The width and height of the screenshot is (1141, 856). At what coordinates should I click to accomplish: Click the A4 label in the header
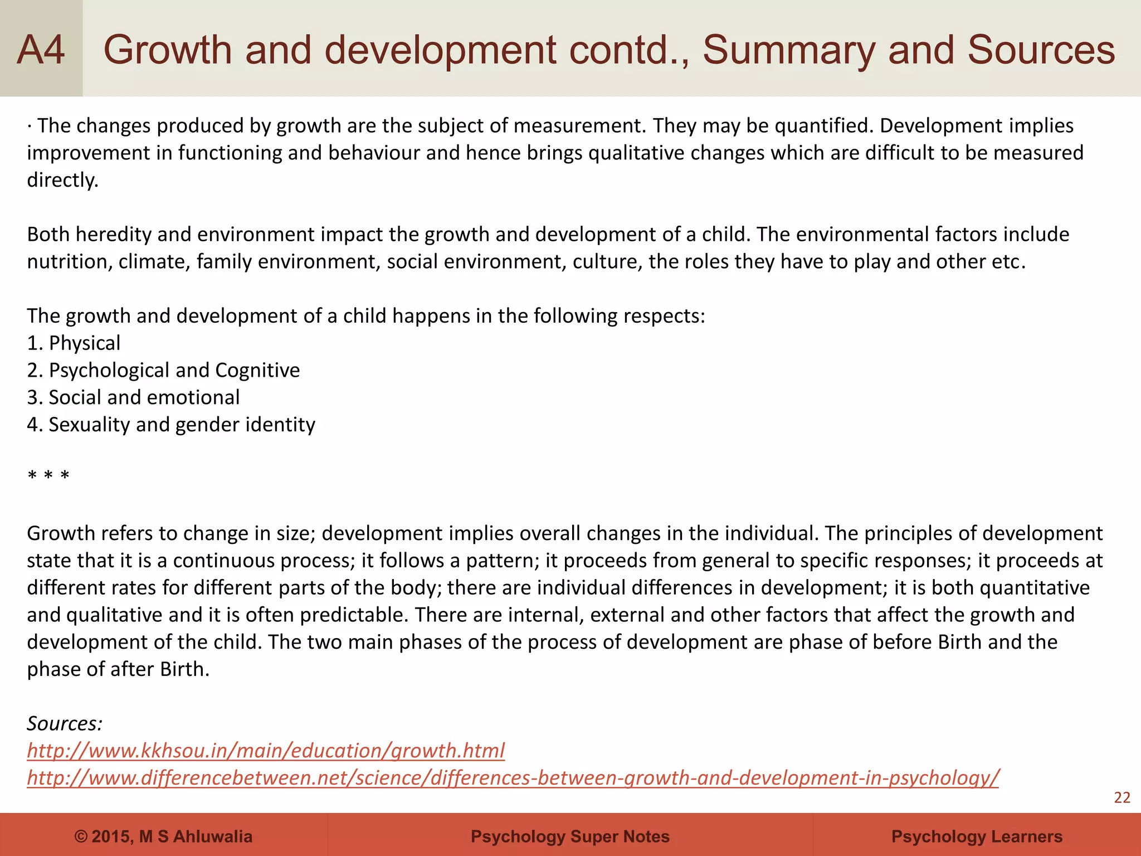point(41,50)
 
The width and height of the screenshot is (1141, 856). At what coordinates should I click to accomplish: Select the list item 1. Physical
point(74,343)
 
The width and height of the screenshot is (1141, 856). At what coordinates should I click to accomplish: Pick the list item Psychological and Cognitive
point(163,371)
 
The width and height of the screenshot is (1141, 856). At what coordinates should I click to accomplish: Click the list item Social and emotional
point(133,398)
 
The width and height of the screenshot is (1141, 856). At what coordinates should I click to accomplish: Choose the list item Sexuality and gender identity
point(171,425)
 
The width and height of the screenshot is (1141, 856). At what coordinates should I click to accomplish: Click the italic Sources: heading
point(65,724)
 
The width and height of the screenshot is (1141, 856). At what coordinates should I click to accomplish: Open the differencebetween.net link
point(513,778)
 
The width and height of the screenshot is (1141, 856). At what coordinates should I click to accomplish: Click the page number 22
point(1122,798)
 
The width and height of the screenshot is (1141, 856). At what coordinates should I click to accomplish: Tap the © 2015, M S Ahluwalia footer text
point(163,836)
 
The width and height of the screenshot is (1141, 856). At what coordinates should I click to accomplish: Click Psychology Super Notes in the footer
point(570,836)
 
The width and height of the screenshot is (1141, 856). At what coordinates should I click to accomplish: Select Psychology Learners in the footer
point(977,836)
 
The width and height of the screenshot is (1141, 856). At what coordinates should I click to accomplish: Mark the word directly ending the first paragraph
point(62,181)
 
